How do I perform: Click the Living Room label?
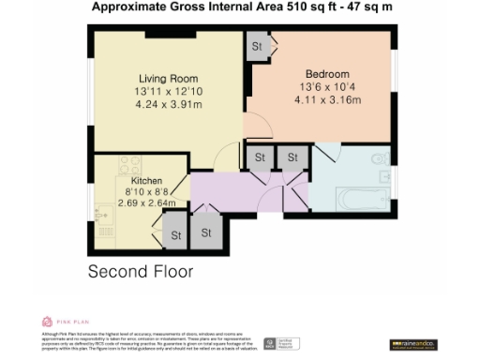pos(168,77)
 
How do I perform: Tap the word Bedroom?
pos(327,74)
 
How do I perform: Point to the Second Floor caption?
pos(141,273)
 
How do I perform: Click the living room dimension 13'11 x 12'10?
pos(168,91)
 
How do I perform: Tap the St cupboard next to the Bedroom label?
pos(256,47)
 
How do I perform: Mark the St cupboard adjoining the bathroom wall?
pos(292,157)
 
